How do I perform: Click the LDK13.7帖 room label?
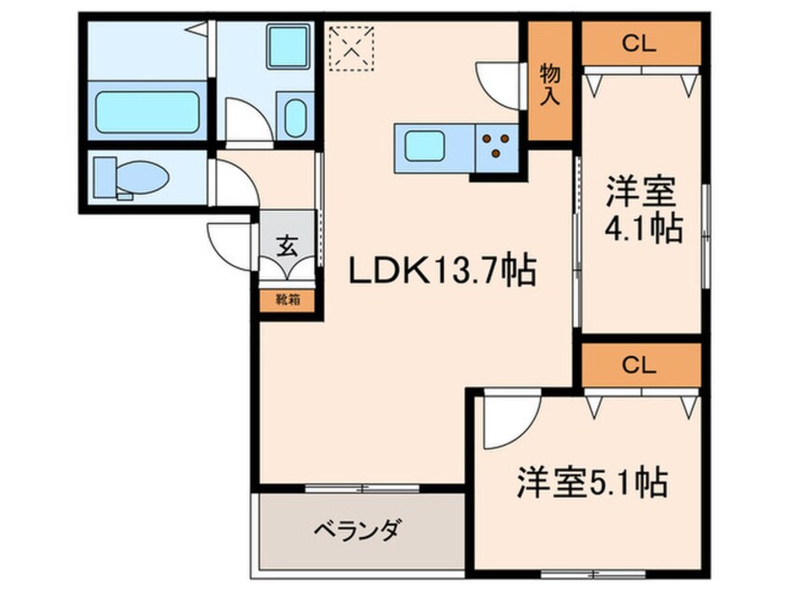coord(441,271)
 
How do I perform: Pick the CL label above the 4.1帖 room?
coord(640,41)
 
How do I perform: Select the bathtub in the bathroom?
coord(145,110)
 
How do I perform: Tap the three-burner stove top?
coord(495,144)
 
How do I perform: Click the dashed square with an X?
coord(352,47)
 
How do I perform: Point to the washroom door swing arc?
coord(247,121)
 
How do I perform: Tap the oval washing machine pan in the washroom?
coord(294,118)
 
